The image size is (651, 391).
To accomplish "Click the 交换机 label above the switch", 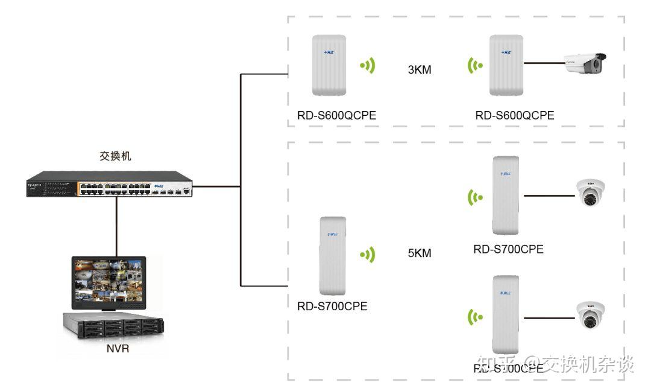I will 115,156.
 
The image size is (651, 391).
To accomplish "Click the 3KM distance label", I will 420,69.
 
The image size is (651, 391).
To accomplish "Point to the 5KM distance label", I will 420,253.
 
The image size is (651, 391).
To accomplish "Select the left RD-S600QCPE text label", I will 336,115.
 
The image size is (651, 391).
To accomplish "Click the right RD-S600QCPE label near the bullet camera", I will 514,115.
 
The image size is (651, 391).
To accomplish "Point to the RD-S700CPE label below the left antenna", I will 332,307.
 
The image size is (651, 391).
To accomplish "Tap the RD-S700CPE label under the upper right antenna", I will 508,249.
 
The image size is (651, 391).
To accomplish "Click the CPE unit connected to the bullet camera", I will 506,65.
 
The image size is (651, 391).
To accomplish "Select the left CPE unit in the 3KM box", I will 329,65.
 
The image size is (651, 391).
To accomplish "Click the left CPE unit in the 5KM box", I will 332,253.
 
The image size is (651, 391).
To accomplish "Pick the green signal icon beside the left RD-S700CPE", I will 367,255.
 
